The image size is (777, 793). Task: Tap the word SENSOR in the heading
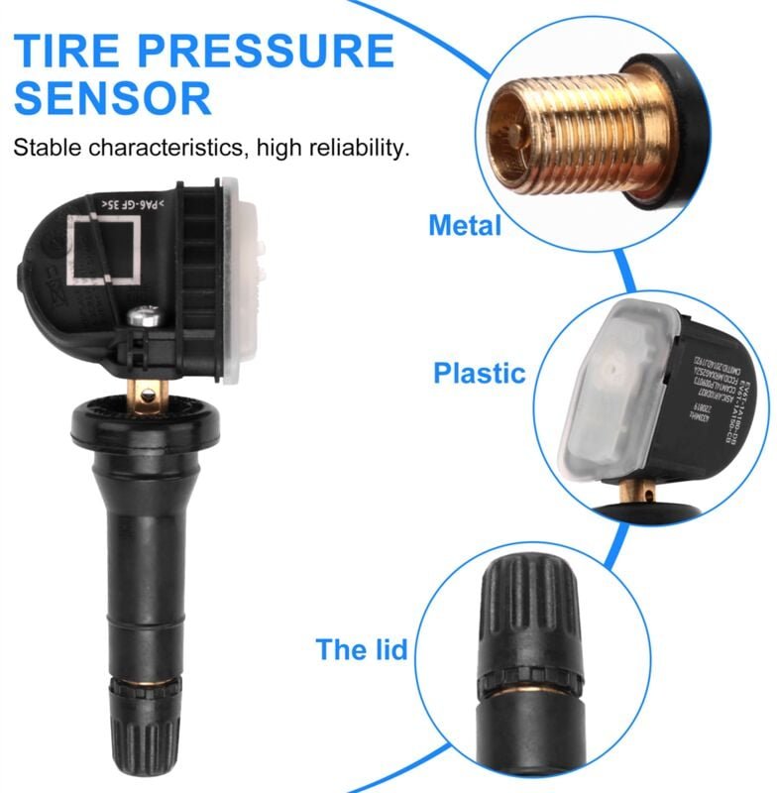[x=113, y=98]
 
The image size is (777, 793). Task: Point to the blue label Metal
[x=465, y=225]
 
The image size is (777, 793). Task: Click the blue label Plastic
[x=479, y=374]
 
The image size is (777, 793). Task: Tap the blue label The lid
[x=362, y=650]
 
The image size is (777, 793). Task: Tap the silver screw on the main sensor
[x=143, y=317]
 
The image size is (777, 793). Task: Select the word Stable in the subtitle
[x=48, y=150]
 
